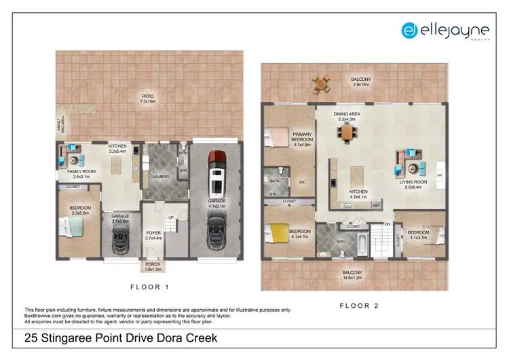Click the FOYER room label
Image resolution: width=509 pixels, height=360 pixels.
point(153,236)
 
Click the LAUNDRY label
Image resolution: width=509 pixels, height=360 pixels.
point(161,177)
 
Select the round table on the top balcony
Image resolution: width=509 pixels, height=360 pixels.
point(320,85)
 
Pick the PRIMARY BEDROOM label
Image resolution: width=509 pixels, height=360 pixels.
point(302,137)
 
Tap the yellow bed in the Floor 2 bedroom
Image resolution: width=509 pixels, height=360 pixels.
point(280,233)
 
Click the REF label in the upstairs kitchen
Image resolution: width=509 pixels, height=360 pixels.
point(375,204)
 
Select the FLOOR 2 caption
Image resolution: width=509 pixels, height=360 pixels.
point(354,306)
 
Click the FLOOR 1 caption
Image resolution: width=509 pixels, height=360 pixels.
point(149,287)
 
